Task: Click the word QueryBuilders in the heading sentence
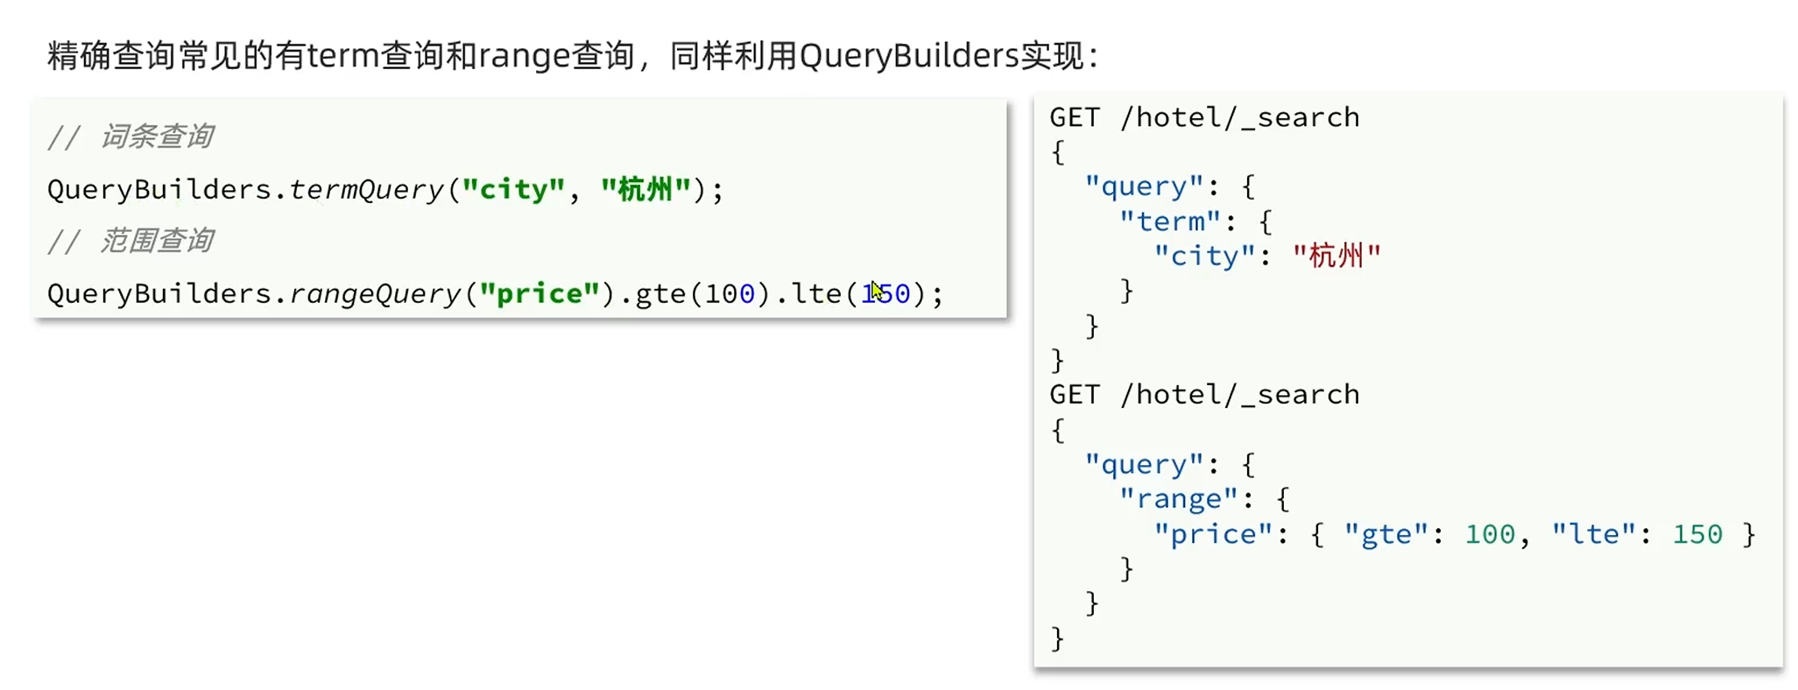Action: coord(908,56)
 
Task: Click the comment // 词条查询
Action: coord(130,137)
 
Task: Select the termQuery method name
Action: coord(367,189)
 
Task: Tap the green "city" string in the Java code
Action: coord(513,189)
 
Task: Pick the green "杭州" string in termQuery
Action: coord(645,189)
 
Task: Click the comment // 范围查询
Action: coord(130,241)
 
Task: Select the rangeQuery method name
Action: coord(376,293)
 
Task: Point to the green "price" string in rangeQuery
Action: coord(539,293)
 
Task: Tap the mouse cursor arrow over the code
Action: coord(875,289)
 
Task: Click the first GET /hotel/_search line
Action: coord(1204,117)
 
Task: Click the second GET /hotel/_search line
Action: coord(1204,395)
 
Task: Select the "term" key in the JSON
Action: coord(1169,222)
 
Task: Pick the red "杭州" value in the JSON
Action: coord(1336,257)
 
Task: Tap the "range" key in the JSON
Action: coord(1178,499)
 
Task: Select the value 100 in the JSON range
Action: coord(1490,534)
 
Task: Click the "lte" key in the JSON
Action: coord(1593,534)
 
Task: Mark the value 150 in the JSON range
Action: coord(1697,534)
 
